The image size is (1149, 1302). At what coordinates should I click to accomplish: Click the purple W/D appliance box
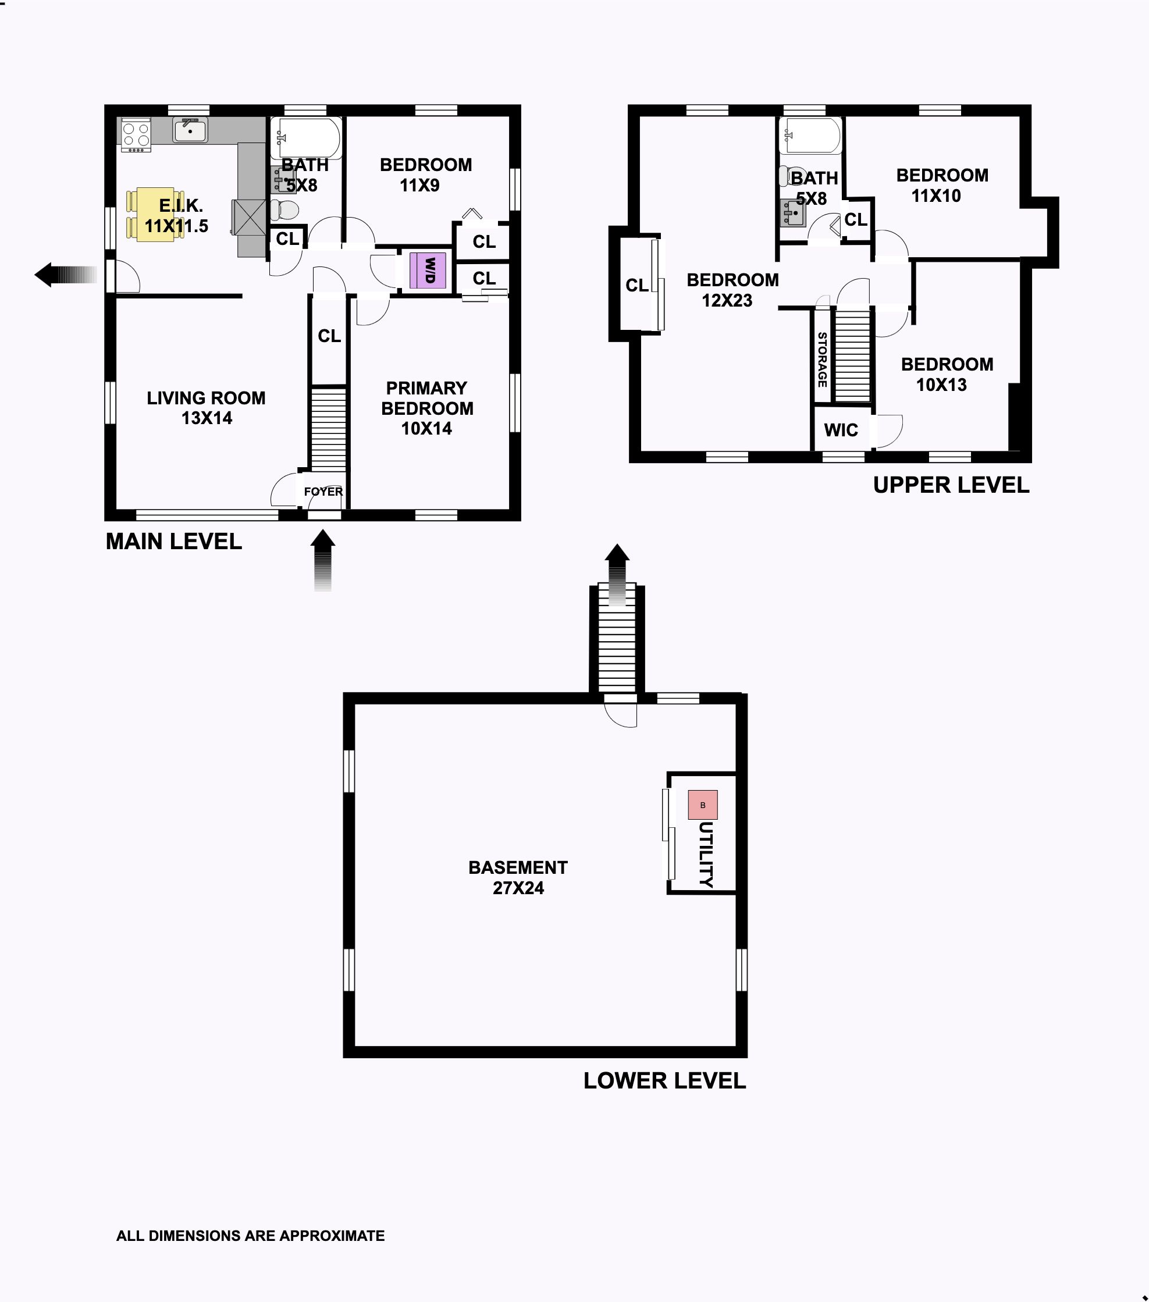click(x=428, y=270)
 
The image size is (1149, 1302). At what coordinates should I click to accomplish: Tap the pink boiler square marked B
click(x=703, y=805)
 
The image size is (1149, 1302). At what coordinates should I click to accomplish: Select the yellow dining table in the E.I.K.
click(x=155, y=214)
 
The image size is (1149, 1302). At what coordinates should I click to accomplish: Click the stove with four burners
click(x=136, y=134)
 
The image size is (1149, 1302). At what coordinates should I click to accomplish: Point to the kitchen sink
click(x=190, y=130)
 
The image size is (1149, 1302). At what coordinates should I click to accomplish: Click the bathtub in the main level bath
click(x=307, y=138)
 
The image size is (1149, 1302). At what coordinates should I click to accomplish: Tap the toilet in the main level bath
click(x=284, y=209)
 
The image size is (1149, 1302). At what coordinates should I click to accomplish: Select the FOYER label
click(x=323, y=491)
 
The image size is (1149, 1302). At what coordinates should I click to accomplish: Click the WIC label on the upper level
click(x=841, y=430)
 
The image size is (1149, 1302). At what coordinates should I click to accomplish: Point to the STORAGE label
click(x=822, y=360)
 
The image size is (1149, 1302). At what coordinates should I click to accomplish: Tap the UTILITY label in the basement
click(x=706, y=853)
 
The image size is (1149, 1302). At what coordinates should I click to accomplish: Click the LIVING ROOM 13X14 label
click(x=207, y=408)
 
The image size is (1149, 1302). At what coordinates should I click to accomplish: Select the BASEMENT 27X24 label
click(x=518, y=877)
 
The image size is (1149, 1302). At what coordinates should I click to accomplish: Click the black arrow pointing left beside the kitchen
click(x=66, y=275)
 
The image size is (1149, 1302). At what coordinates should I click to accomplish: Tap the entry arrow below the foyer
click(x=323, y=561)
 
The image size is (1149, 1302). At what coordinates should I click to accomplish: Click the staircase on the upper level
click(x=852, y=355)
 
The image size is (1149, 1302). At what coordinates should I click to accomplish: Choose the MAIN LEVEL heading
click(x=174, y=542)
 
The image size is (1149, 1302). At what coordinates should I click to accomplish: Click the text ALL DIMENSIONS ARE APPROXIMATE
click(x=250, y=1236)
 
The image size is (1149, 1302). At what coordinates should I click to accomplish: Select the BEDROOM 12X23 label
click(x=732, y=290)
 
